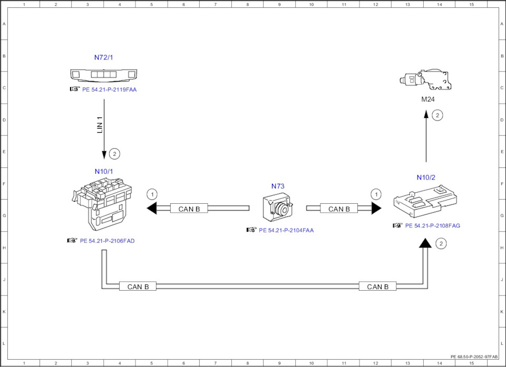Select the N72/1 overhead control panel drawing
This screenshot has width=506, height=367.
(x=104, y=74)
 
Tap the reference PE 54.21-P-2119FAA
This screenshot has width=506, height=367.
(x=109, y=90)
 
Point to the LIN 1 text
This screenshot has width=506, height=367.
(x=100, y=124)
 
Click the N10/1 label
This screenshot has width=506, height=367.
(x=104, y=171)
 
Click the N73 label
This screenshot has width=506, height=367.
(x=278, y=186)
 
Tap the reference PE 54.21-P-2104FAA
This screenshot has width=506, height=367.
(x=286, y=230)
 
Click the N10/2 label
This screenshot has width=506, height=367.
(x=426, y=177)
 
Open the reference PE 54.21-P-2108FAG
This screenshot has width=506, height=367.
(x=432, y=225)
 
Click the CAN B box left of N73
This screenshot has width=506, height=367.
(x=189, y=209)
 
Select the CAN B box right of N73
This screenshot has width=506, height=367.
(x=339, y=209)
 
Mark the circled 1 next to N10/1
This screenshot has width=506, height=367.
(x=152, y=194)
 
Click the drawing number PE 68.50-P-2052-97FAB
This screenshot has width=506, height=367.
(x=474, y=356)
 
